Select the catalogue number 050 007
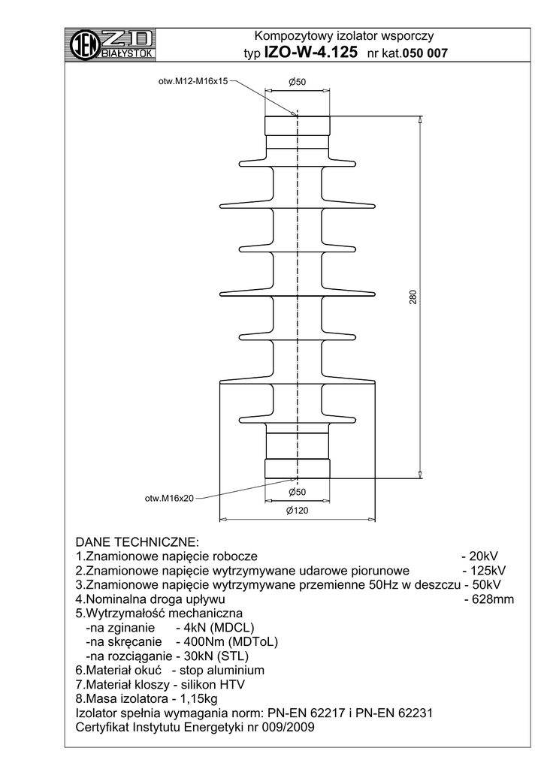(x=426, y=54)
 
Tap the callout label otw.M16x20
(x=169, y=497)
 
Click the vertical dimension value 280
(x=413, y=297)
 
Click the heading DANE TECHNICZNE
(x=137, y=542)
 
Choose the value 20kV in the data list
(x=482, y=556)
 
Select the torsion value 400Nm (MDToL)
(x=228, y=642)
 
